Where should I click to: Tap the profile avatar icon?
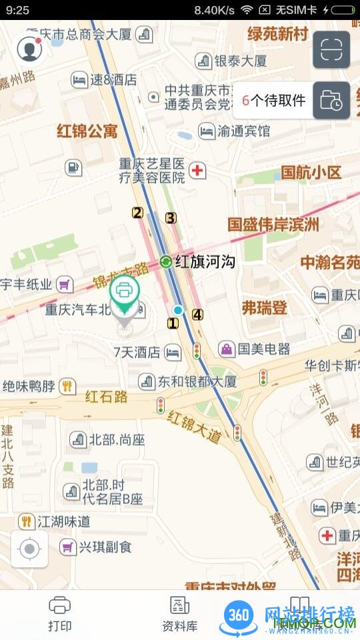pyautogui.click(x=28, y=49)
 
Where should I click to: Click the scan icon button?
pyautogui.click(x=331, y=49)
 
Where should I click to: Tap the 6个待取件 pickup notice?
pyautogui.click(x=274, y=101)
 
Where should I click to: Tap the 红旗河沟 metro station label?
pyautogui.click(x=205, y=262)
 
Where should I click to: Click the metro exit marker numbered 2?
pyautogui.click(x=137, y=213)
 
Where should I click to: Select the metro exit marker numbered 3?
pyautogui.click(x=171, y=217)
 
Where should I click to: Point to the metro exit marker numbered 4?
pyautogui.click(x=197, y=315)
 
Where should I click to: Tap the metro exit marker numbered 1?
pyautogui.click(x=173, y=323)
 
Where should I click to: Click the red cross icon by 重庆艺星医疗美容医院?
pyautogui.click(x=197, y=171)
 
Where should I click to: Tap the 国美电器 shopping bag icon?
pyautogui.click(x=227, y=349)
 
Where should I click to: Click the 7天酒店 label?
pyautogui.click(x=137, y=352)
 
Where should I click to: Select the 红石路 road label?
pyautogui.click(x=107, y=397)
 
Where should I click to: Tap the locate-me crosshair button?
pyautogui.click(x=29, y=549)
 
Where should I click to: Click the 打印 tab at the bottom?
pyautogui.click(x=60, y=613)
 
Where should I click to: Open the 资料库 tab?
pyautogui.click(x=180, y=613)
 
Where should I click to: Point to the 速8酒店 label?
pyautogui.click(x=113, y=80)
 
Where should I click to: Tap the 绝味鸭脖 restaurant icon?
pyautogui.click(x=67, y=385)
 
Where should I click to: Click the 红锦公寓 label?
pyautogui.click(x=87, y=130)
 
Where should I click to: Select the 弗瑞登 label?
pyautogui.click(x=265, y=307)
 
